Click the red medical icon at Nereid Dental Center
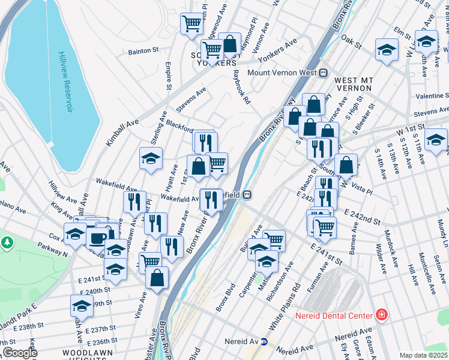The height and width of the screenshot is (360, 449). pos(380,314)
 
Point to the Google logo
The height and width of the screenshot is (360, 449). pos(20,352)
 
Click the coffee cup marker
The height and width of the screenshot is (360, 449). pos(97,238)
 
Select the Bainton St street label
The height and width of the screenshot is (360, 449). pos(143,52)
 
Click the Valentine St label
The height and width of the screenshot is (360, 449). pos(432,96)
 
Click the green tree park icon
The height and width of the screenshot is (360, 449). pos(7,242)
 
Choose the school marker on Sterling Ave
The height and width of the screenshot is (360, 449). pos(151,159)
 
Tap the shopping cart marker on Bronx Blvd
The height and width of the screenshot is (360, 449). pos(274,240)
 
